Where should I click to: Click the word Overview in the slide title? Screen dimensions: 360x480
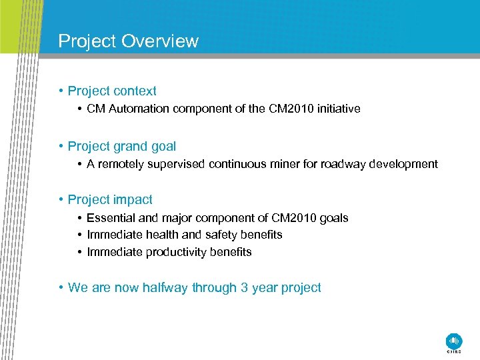[x=159, y=41]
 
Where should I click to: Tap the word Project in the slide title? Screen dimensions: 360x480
[x=87, y=41]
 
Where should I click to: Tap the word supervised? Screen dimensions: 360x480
[x=179, y=164]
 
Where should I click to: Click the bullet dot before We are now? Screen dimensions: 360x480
[x=61, y=288]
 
